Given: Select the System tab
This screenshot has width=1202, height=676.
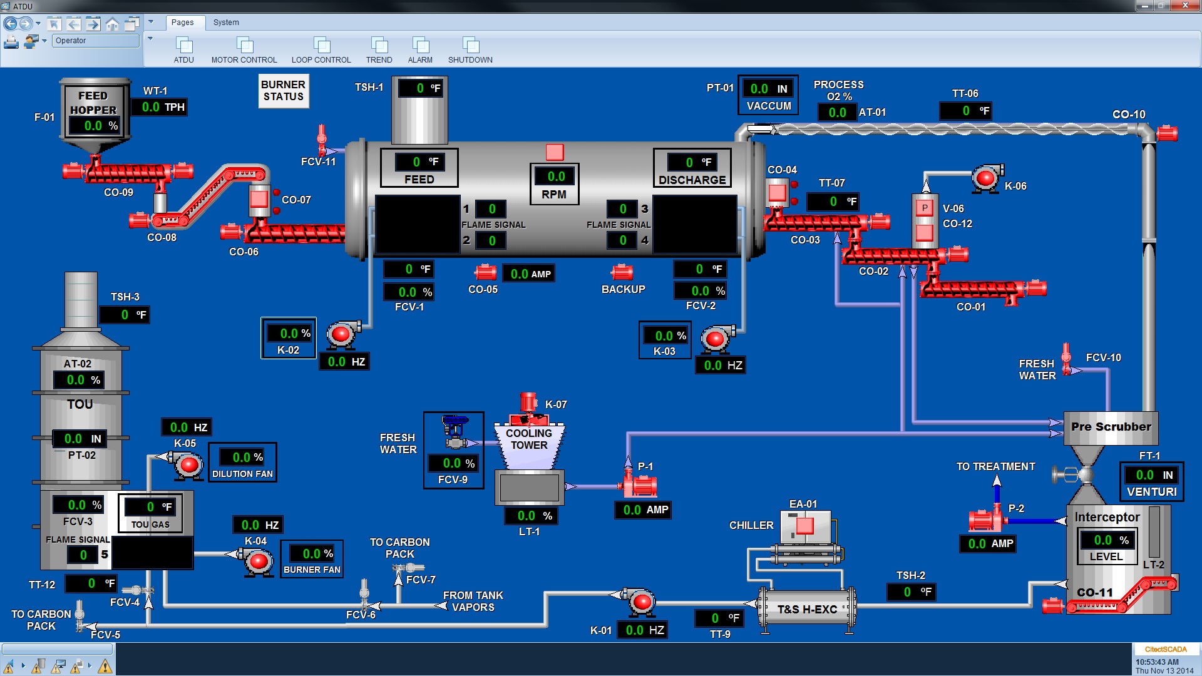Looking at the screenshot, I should tap(225, 22).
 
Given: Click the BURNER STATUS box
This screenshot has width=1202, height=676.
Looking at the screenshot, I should tap(284, 91).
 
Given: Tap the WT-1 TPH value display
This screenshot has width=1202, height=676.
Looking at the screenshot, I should tap(162, 107).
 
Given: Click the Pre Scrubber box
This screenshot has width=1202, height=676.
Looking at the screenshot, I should tap(1111, 428).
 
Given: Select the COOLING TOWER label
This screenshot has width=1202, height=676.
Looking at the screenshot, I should tap(529, 439).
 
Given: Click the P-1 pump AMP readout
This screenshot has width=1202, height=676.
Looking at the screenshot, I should tap(645, 510).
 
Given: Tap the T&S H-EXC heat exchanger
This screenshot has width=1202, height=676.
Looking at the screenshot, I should tap(806, 608).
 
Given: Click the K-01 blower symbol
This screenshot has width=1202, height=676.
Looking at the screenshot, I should tap(640, 602).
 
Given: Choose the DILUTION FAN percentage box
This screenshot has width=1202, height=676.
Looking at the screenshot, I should tap(247, 458).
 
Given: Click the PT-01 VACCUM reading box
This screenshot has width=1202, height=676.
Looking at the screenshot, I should tap(768, 89).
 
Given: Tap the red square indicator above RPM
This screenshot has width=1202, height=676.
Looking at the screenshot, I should tap(555, 152).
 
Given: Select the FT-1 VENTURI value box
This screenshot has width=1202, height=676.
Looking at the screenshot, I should tap(1152, 475).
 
